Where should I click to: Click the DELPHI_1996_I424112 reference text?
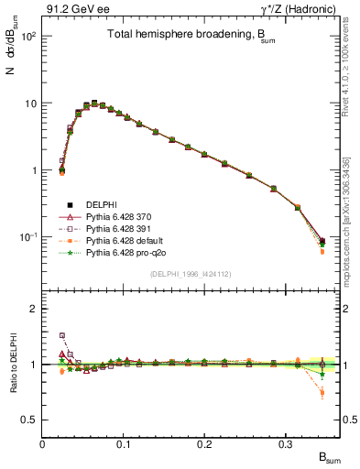click(x=191, y=274)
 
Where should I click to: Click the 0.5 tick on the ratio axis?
click(x=29, y=420)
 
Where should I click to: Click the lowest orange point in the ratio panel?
click(x=322, y=394)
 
